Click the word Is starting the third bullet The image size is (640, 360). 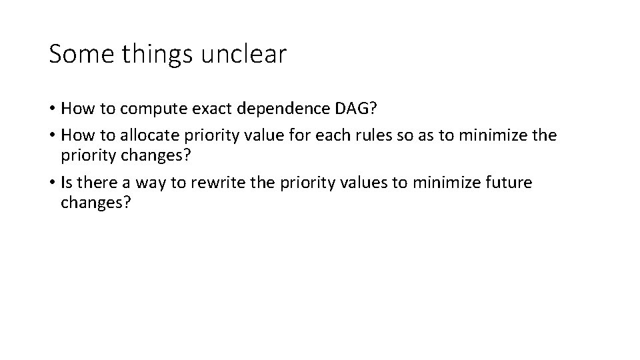click(x=67, y=183)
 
